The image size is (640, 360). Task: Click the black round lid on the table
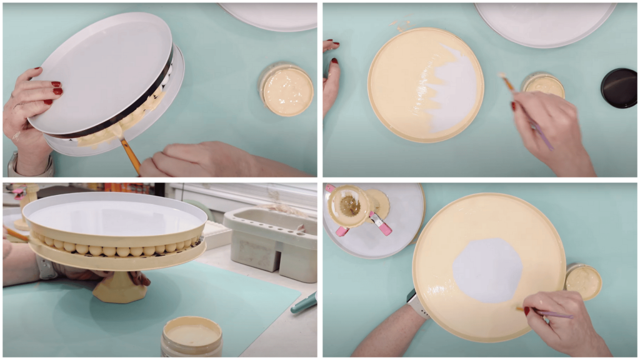tap(618, 88)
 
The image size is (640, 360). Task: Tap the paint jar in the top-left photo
tap(287, 91)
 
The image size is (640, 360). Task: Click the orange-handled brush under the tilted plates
tap(130, 154)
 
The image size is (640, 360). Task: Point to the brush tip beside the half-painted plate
tap(502, 78)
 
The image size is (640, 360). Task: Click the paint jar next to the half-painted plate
tap(543, 86)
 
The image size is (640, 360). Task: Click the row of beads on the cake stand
tap(112, 249)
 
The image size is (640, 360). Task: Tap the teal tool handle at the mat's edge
tap(304, 303)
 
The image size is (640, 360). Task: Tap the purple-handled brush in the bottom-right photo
tap(550, 313)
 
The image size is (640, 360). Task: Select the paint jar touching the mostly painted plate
tap(583, 281)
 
